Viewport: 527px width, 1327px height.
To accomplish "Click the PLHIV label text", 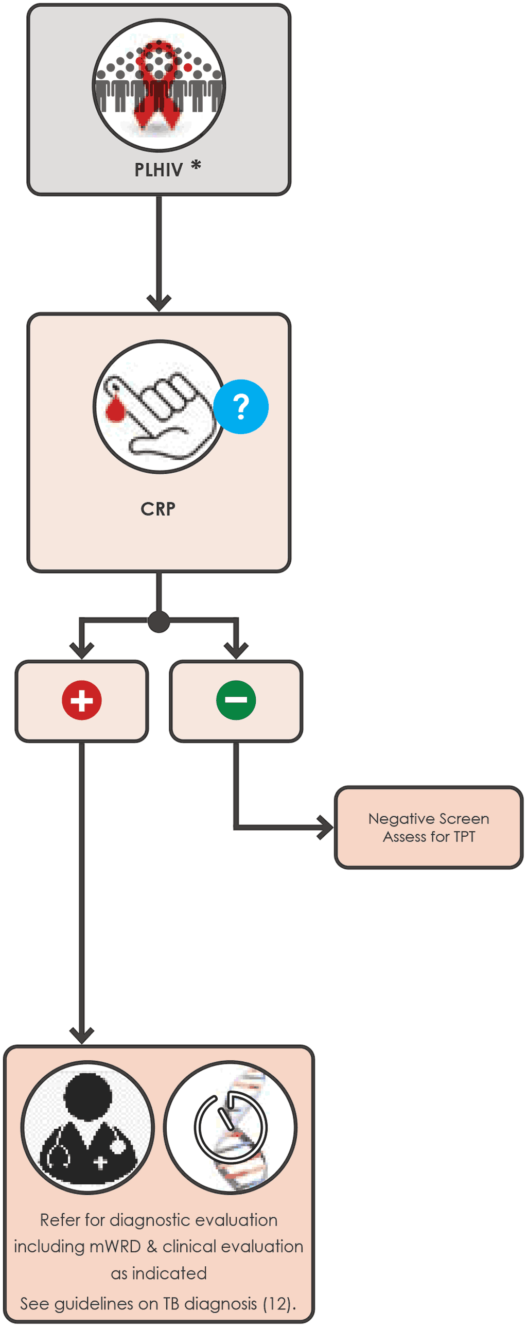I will click(159, 170).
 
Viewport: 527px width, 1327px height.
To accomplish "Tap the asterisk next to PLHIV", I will click(196, 165).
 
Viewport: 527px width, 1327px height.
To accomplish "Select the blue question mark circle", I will click(241, 406).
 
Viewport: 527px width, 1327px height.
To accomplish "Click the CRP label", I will click(158, 509).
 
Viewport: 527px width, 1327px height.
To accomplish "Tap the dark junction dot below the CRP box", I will click(159, 622).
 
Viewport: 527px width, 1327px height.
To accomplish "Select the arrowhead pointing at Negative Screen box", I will click(325, 828).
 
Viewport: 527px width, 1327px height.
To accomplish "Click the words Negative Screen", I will click(429, 819).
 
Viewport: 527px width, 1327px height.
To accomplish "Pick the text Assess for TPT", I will click(429, 837).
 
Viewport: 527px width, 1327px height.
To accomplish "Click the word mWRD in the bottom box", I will click(115, 1247).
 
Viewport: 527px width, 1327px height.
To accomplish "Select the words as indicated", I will click(159, 1273).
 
